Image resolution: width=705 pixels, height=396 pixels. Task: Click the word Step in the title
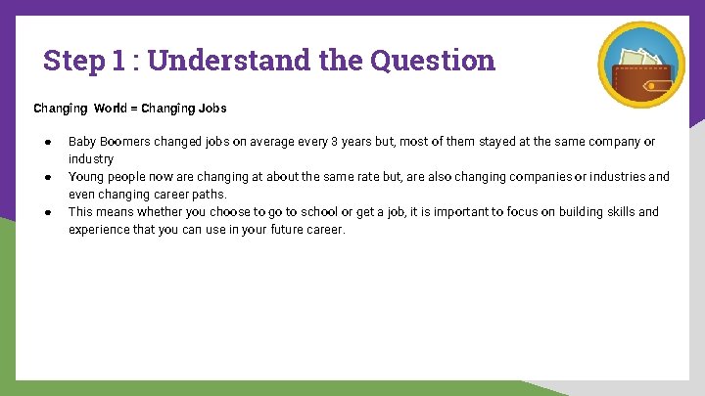tap(71, 61)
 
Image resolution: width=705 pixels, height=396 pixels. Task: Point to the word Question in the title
tap(433, 61)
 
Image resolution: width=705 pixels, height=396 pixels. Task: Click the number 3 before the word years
tap(334, 142)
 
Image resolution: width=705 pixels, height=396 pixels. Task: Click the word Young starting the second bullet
tap(86, 177)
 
